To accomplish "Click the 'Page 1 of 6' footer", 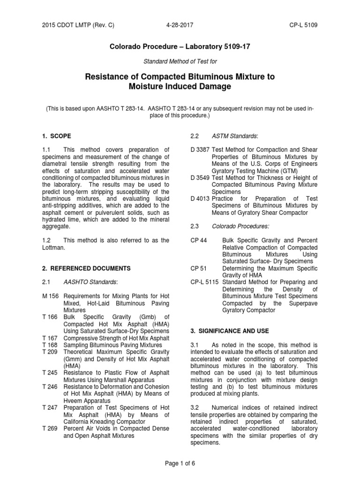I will [180, 463].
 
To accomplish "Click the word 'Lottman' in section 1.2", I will [52, 248].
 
